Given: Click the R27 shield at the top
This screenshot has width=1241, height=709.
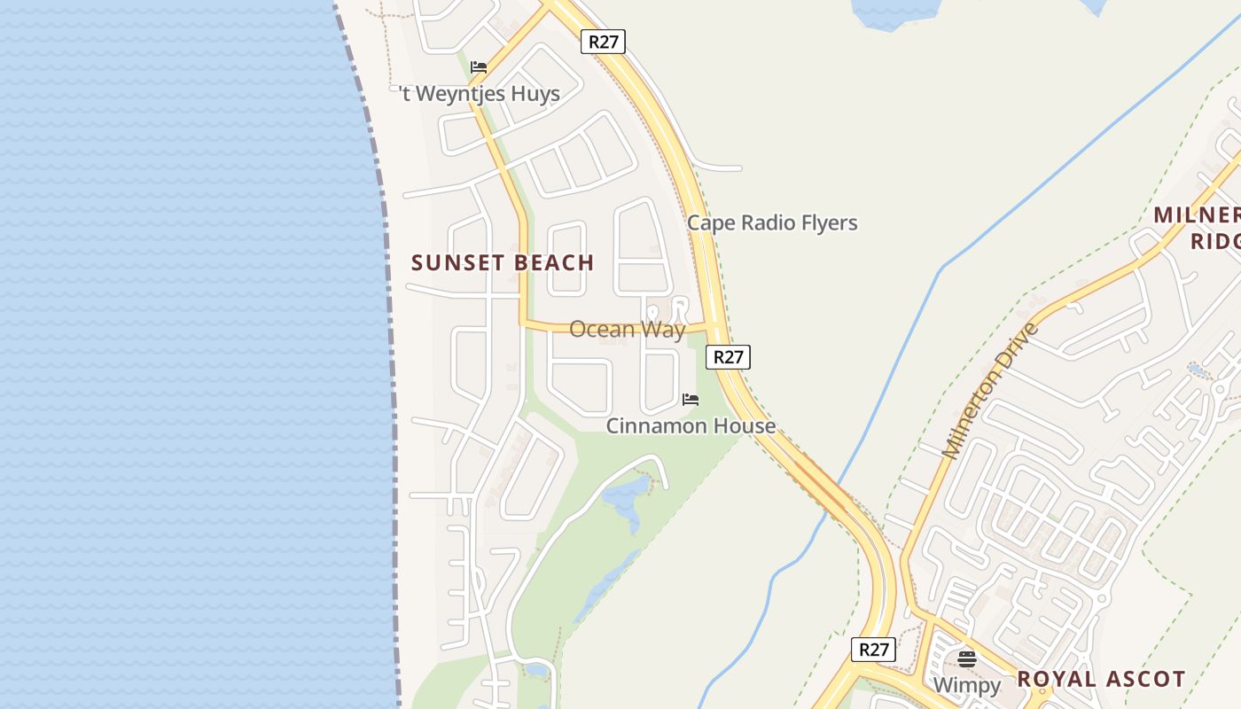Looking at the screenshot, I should point(603,41).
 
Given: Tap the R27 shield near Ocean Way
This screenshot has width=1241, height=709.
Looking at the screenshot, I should point(728,357).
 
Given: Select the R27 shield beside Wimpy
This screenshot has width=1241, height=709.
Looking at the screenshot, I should point(873,650).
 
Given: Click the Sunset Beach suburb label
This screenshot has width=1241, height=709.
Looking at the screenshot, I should point(503,262).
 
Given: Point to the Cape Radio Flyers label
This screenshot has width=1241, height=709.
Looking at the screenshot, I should point(772,222).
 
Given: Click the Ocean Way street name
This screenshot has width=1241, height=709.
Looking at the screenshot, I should point(627,330).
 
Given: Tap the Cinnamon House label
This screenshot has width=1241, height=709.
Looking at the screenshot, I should point(691,426).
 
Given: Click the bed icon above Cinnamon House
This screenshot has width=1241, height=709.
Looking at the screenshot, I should point(691,400).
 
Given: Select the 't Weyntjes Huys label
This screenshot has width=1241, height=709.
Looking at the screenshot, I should point(480,94).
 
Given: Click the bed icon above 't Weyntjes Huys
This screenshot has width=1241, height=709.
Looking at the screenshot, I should point(479,67).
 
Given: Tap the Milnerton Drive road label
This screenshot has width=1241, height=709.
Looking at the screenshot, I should point(989,391).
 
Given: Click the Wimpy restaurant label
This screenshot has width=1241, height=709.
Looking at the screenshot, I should point(966,685).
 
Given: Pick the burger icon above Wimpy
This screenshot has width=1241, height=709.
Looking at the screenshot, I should point(967,659).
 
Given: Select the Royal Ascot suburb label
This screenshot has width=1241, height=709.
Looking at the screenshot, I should point(1101,680).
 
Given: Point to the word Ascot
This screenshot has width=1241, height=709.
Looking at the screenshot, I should point(1143,680).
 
